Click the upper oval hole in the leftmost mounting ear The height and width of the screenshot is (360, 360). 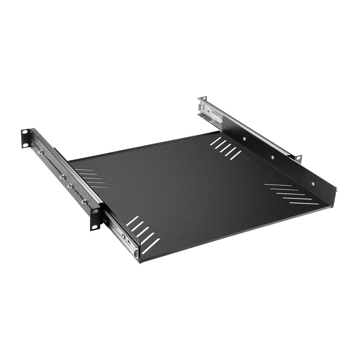25,132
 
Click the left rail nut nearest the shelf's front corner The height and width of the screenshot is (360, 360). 84,202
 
